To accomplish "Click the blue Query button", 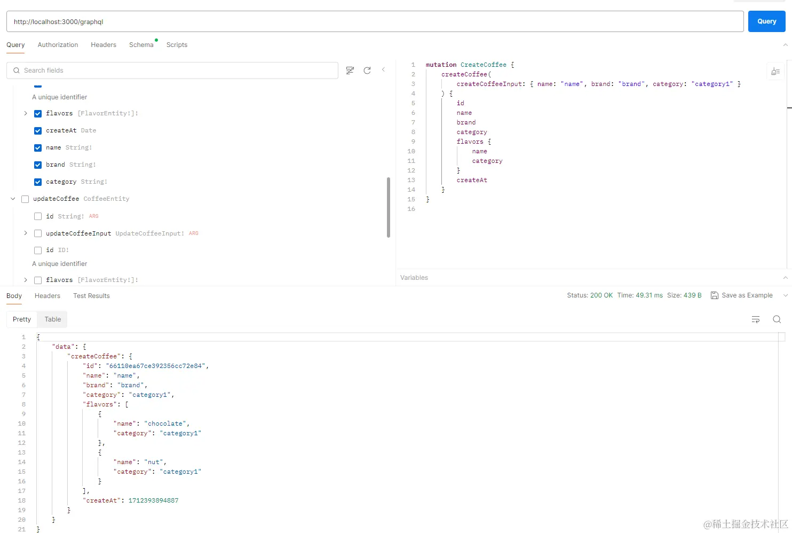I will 766,21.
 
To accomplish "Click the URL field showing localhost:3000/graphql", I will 374,22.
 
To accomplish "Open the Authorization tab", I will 58,45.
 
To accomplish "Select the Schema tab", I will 141,45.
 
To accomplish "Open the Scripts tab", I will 177,45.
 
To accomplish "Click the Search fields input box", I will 176,70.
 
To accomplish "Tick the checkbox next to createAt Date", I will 38,131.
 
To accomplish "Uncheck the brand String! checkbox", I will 38,165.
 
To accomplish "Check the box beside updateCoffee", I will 25,199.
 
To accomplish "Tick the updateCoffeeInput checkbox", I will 38,233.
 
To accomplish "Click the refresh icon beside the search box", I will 367,70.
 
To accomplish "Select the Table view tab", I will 52,319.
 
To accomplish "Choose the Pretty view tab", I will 22,319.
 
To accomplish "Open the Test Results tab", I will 91,296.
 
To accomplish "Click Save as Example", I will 742,295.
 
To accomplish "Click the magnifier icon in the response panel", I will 777,319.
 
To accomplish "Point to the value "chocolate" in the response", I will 165,424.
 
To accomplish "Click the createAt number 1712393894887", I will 153,500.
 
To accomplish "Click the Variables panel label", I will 414,278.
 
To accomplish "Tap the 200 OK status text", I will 601,295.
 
